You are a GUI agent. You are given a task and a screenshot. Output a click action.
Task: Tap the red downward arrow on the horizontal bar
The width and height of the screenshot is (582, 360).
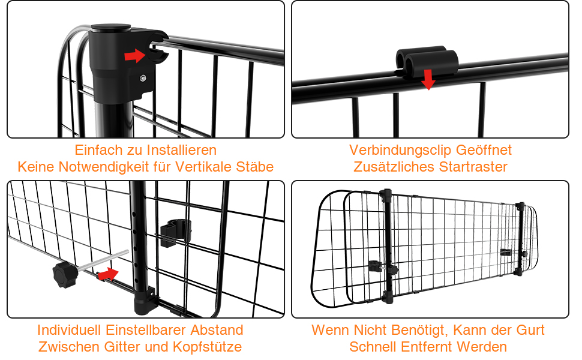(428, 79)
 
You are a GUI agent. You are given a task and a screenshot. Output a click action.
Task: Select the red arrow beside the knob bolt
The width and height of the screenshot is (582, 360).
(108, 274)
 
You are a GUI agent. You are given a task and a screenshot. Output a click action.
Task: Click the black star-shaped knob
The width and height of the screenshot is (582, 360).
(65, 274)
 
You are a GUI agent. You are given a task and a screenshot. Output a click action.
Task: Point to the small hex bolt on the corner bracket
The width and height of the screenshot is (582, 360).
(143, 79)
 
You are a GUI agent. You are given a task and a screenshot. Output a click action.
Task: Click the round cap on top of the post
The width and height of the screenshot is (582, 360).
(110, 28)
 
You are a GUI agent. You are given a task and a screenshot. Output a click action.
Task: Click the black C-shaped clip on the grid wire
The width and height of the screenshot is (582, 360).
(176, 233)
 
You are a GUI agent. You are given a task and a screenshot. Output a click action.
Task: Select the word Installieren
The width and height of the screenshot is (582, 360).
(182, 150)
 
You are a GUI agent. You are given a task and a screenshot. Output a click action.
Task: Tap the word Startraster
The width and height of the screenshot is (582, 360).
(473, 167)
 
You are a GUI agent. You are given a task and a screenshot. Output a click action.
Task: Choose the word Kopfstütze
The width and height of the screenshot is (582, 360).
(207, 347)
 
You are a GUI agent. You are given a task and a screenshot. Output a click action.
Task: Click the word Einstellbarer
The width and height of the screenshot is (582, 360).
(146, 330)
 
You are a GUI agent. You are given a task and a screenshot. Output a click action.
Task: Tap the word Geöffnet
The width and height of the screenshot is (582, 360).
(484, 150)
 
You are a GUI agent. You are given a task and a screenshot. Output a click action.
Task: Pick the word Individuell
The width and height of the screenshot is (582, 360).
(70, 330)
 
